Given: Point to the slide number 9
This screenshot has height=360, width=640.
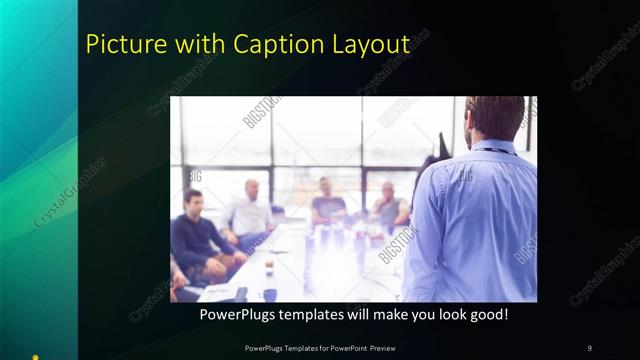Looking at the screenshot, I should point(589,347).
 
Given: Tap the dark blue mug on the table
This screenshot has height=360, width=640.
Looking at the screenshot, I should point(270,295).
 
